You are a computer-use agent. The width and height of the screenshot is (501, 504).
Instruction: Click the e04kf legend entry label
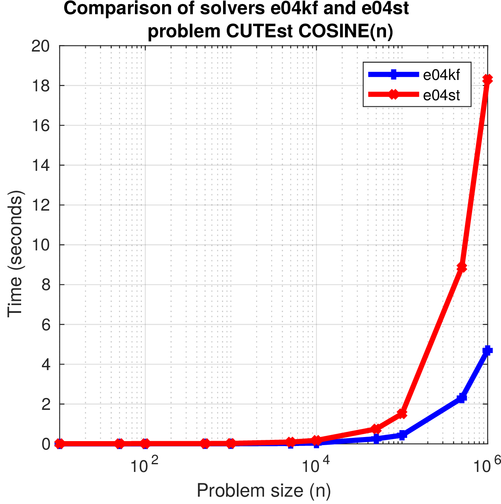(x=441, y=75)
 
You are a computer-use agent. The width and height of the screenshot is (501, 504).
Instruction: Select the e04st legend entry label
(x=441, y=95)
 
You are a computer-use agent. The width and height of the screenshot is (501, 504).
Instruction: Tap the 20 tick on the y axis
(x=40, y=46)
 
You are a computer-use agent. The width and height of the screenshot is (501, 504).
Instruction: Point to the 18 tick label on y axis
(x=40, y=86)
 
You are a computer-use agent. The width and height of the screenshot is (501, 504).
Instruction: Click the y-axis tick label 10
(x=40, y=245)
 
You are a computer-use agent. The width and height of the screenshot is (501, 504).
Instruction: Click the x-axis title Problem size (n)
(x=264, y=491)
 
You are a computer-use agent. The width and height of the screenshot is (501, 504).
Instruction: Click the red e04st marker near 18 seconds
(x=487, y=80)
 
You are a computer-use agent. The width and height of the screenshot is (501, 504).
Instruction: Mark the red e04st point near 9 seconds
(x=462, y=267)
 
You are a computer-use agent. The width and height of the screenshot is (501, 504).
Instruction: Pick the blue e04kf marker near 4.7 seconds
(x=487, y=351)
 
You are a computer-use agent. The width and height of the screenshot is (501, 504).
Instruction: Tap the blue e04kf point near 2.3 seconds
(x=462, y=398)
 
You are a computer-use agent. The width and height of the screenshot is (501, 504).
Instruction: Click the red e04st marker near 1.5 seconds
(x=402, y=414)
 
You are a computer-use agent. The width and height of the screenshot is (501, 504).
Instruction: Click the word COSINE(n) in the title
(x=345, y=32)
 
